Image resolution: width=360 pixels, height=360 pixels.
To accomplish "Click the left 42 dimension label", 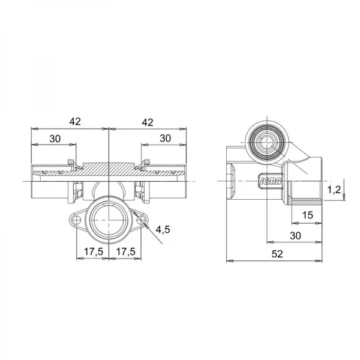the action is [75, 121].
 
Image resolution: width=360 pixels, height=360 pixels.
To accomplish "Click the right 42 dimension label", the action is [148, 122].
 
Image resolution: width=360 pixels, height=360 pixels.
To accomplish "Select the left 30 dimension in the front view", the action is [55, 139].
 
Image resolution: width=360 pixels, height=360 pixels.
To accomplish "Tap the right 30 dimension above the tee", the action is [166, 139].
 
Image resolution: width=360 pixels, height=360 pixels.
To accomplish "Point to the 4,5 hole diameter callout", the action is [163, 229].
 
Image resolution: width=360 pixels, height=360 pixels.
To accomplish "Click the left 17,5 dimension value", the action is [94, 251].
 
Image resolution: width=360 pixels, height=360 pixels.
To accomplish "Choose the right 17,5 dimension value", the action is [126, 251].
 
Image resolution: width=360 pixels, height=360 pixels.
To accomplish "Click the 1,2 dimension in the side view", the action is [334, 190].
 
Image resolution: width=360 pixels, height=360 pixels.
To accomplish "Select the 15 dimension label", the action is [308, 215].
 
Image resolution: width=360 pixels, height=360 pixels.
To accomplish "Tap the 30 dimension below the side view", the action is [295, 236].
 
